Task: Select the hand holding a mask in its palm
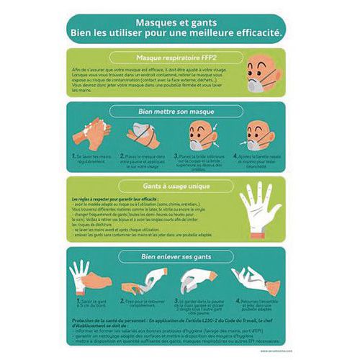pos(144,135)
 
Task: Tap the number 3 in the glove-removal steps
pos(177,299)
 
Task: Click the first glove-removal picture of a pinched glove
pos(90,277)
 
